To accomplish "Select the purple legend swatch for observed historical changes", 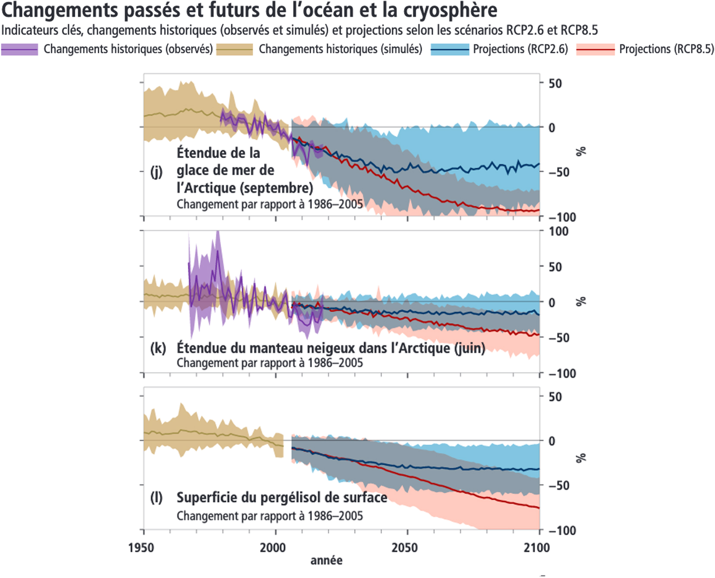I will coord(19,49).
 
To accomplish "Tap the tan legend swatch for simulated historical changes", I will coord(234,49).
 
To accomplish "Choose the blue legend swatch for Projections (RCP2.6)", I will coord(450,49).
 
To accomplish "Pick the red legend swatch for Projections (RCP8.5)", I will coord(595,49).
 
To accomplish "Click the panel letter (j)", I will coord(156,172).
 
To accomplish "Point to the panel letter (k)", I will coord(158,348).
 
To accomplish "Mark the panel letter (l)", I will coord(156,498).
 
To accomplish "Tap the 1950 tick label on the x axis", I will coord(141,548).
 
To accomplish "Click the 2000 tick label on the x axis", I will coord(273,548).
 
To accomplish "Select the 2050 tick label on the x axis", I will coord(405,548).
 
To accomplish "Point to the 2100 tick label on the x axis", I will coord(536,548).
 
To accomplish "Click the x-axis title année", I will coord(326,561).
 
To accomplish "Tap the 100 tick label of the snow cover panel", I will coord(559,232).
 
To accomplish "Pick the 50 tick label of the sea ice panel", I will coord(555,83).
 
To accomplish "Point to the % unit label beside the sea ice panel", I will coord(581,151).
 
